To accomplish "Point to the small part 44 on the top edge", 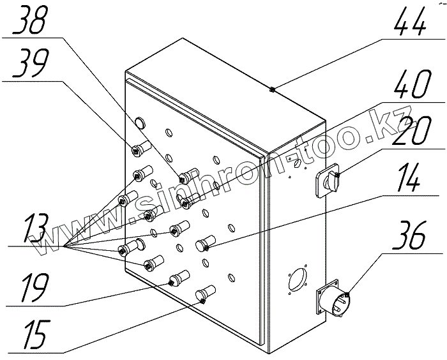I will pyautogui.click(x=272, y=89).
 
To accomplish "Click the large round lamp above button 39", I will pyautogui.click(x=140, y=121).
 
